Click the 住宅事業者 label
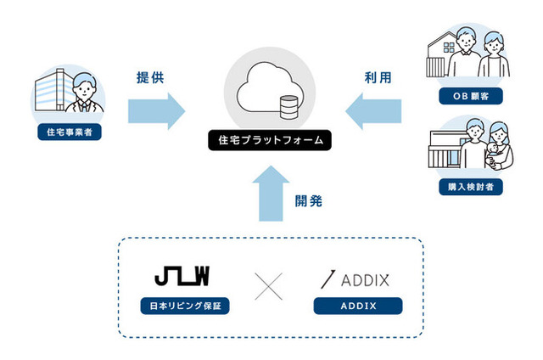point(70,132)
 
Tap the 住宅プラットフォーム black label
point(270,140)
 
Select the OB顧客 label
point(471,96)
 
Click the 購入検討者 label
point(471,187)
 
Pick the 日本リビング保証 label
point(185,306)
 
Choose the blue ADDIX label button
point(358,306)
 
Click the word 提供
point(150,77)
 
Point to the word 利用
point(378,77)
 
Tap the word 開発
point(309,201)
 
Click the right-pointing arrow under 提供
point(156,111)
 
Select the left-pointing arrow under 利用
point(373,111)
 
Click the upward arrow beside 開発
point(271,194)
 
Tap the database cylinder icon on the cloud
point(288,108)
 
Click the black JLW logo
point(182,276)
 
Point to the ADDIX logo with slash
point(355,279)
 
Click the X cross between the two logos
point(268,286)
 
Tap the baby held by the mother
point(491,153)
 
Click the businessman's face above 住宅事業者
point(84,90)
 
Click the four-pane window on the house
point(449,48)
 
